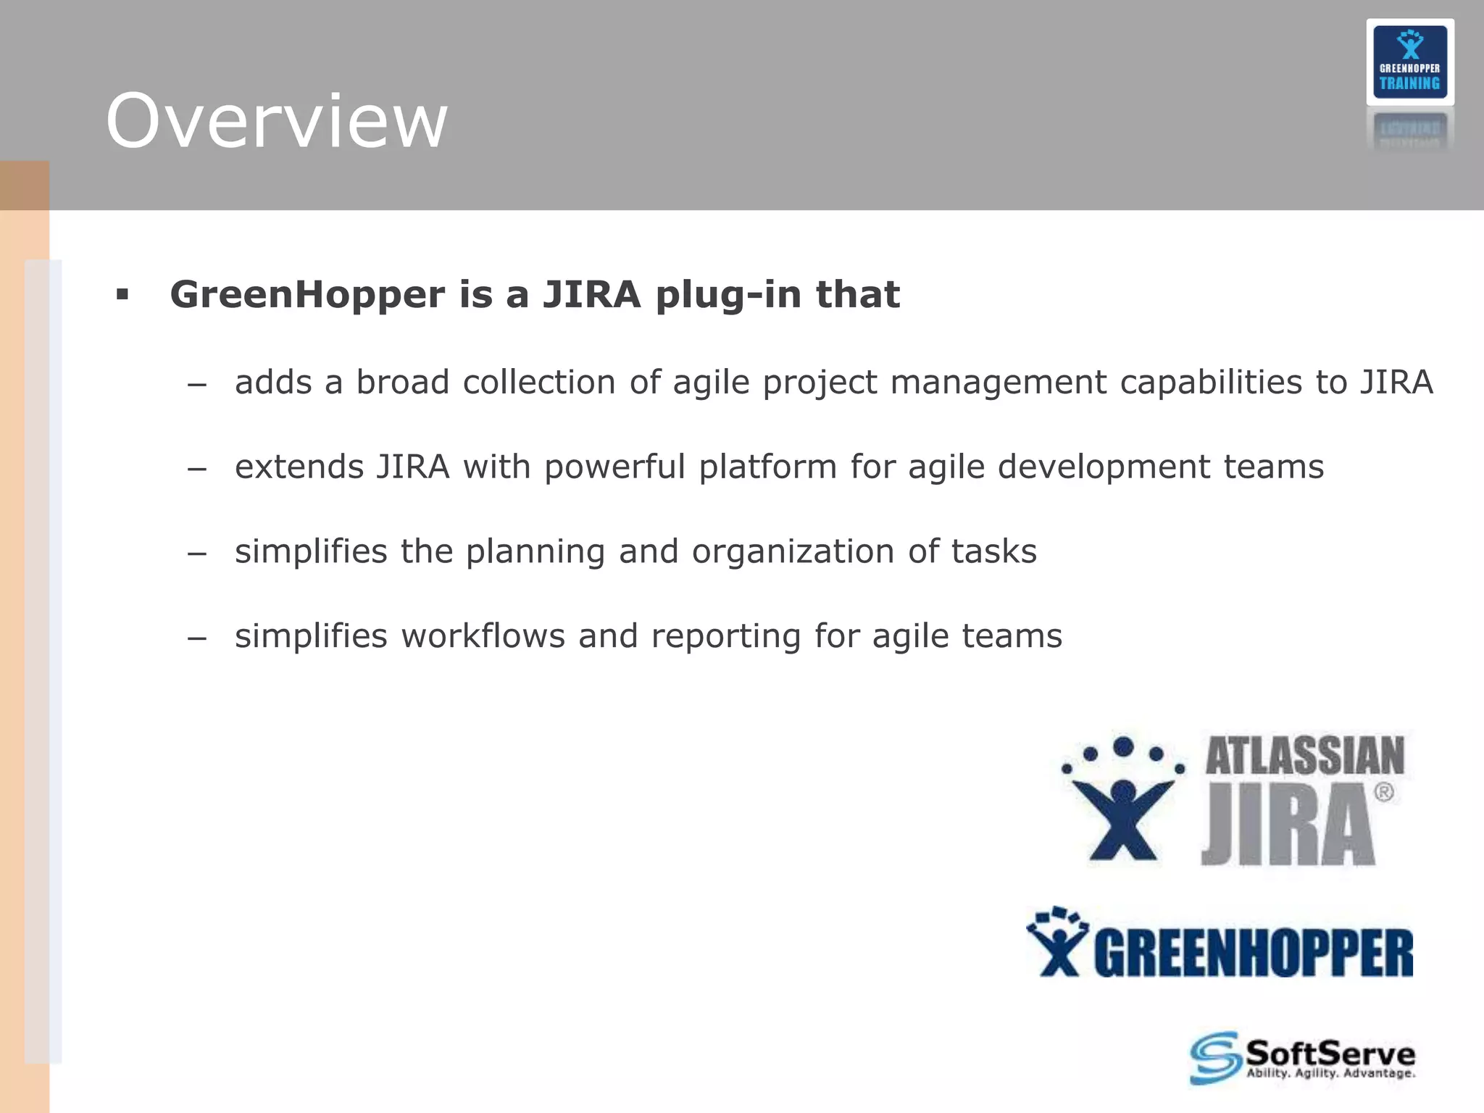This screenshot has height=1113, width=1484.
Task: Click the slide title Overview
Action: [x=276, y=122]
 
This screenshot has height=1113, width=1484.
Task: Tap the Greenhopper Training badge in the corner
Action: [x=1409, y=62]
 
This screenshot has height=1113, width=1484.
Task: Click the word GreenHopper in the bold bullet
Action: [x=307, y=295]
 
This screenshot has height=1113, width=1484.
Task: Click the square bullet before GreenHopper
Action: [x=122, y=295]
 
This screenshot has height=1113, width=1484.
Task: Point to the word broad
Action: [x=402, y=383]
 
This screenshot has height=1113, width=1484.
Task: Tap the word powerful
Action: [x=614, y=467]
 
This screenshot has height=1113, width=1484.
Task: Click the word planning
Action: [x=535, y=552]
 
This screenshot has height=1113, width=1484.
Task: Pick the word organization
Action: [x=793, y=552]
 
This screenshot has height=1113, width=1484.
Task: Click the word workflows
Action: [x=483, y=636]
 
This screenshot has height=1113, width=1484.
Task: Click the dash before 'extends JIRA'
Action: [x=196, y=469]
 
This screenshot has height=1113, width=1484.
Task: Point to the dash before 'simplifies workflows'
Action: [x=196, y=638]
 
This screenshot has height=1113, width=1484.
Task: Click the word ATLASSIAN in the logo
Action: [x=1304, y=756]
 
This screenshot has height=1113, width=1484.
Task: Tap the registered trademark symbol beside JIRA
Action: [x=1383, y=792]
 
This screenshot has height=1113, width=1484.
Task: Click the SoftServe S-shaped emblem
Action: [x=1214, y=1058]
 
